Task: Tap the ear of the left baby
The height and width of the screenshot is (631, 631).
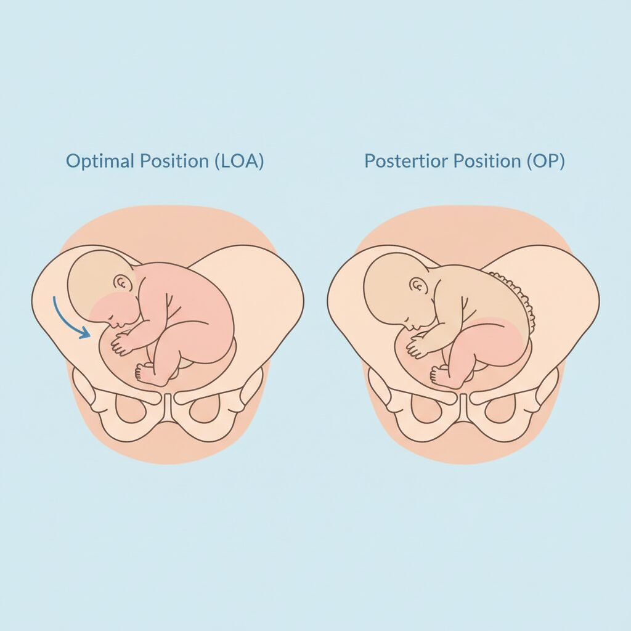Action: (x=123, y=284)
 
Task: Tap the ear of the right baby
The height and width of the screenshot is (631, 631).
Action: (x=419, y=285)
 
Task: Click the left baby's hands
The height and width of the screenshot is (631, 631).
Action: (x=121, y=343)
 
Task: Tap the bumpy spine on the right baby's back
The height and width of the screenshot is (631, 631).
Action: (x=521, y=296)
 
